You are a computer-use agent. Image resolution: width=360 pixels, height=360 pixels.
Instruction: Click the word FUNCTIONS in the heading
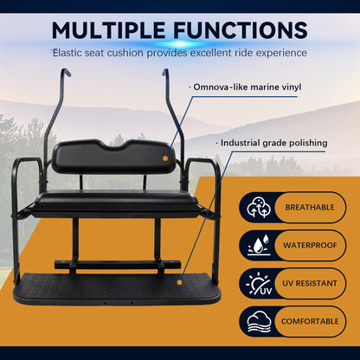point(243,30)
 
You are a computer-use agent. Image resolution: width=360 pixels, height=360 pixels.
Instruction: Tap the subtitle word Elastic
point(74,53)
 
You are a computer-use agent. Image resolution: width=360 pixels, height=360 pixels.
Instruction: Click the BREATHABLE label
point(311,209)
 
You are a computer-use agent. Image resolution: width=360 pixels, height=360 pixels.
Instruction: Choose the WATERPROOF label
point(311,246)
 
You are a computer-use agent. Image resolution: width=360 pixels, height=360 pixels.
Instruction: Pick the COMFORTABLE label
point(311,319)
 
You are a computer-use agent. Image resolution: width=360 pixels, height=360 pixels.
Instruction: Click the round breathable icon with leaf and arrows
point(259,209)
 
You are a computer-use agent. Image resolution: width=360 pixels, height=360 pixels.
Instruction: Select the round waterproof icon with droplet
point(259,246)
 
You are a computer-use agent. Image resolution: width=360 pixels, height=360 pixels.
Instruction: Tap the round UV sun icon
point(259,283)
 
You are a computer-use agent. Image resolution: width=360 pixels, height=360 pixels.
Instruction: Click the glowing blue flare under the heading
point(179,43)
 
